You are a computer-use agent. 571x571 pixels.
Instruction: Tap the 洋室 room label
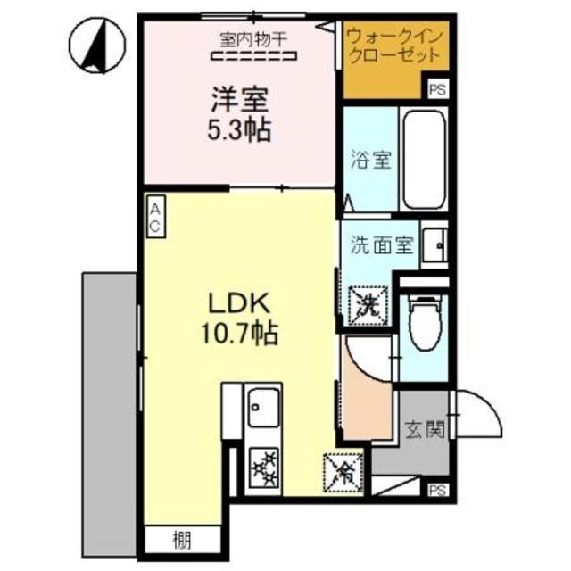(x=239, y=96)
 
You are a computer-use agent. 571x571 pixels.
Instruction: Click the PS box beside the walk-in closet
(x=436, y=89)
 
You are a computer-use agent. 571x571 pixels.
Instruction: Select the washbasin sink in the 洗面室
(x=434, y=244)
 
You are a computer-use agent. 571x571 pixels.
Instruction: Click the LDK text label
(x=238, y=302)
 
